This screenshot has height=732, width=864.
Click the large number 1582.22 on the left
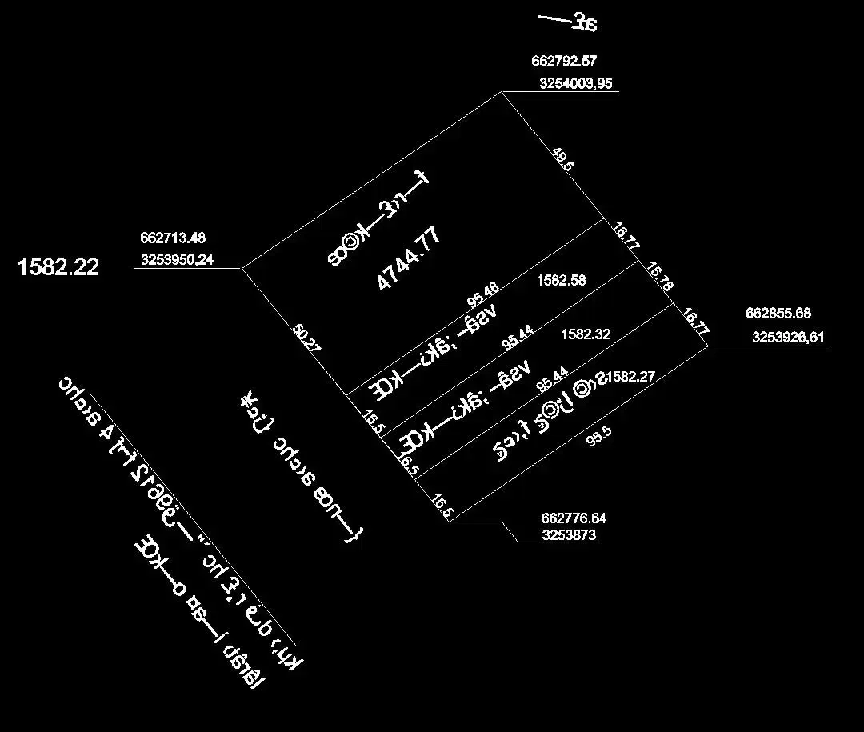pyautogui.click(x=58, y=267)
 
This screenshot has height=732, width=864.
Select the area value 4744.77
pyautogui.click(x=409, y=258)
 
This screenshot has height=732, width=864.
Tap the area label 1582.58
pyautogui.click(x=562, y=281)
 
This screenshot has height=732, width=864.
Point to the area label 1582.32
pyautogui.click(x=586, y=334)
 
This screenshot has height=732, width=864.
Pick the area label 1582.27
pyautogui.click(x=632, y=377)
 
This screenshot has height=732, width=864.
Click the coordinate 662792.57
pyautogui.click(x=564, y=61)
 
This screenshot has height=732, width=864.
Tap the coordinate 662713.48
pyautogui.click(x=173, y=238)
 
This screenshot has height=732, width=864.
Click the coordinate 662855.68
pyautogui.click(x=778, y=314)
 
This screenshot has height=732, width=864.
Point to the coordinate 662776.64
pyautogui.click(x=574, y=518)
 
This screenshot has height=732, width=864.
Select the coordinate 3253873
pyautogui.click(x=569, y=536)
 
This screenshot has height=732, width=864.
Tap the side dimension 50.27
pyautogui.click(x=307, y=337)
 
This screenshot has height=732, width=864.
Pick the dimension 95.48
pyautogui.click(x=483, y=295)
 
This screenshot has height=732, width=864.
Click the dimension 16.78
pyautogui.click(x=660, y=278)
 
